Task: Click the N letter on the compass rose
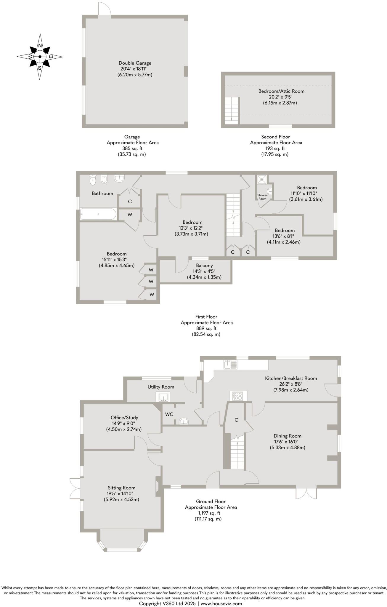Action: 40,46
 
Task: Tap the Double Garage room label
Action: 135,63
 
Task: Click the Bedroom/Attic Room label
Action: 281,91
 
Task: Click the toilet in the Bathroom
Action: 93,179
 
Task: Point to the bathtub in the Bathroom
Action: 98,214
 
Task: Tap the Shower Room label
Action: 262,197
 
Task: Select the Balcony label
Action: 204,265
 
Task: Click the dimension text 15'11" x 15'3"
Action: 117,260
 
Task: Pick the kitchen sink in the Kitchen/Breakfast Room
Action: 230,364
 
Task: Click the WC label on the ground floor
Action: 169,414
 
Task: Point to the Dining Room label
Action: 287,436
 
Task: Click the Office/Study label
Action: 124,417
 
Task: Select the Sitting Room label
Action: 121,488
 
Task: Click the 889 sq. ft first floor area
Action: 206,328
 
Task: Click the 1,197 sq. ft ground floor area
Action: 211,513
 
